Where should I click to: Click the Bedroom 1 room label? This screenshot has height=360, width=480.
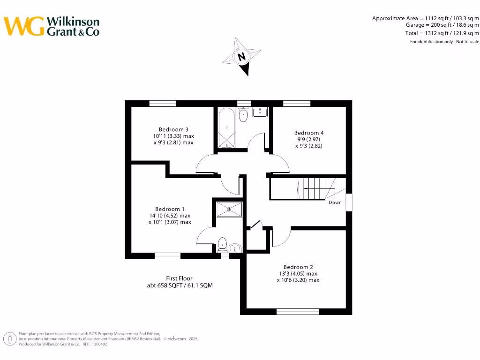point(170,209)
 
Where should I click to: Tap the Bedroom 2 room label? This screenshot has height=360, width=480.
point(298,267)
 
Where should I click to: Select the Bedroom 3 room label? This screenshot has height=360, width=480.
point(173,129)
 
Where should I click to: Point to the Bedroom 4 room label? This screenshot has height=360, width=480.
point(309,133)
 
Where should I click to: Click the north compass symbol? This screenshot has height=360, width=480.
point(242,57)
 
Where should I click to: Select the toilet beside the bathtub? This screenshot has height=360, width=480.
point(243,115)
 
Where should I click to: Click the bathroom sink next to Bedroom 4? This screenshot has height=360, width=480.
point(260,112)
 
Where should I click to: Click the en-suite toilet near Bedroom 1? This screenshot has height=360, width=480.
point(223,243)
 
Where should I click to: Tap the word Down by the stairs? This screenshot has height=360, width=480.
point(335,202)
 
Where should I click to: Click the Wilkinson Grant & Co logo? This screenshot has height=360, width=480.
point(52,26)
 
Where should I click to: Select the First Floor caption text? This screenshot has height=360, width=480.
point(179,278)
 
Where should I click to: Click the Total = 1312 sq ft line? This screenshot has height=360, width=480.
point(442,33)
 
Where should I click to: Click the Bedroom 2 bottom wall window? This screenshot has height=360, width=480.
point(298,311)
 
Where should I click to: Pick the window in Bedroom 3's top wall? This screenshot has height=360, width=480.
point(162,104)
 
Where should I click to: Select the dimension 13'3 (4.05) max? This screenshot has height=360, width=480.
point(298,274)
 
